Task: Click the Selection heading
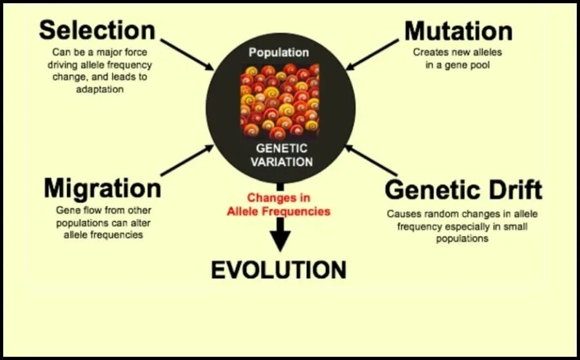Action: (x=97, y=30)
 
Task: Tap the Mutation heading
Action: (x=458, y=30)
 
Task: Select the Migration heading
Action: (x=102, y=189)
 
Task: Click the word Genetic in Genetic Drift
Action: (x=432, y=190)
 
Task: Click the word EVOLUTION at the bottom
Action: (x=278, y=270)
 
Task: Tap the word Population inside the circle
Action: (x=279, y=53)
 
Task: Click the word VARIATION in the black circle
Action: (x=280, y=162)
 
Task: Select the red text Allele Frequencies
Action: (x=278, y=211)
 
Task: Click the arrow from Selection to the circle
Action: (x=187, y=54)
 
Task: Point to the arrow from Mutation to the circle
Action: (x=372, y=54)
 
